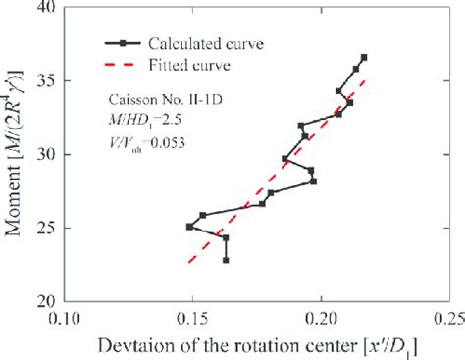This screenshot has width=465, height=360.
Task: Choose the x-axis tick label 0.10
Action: click(66, 318)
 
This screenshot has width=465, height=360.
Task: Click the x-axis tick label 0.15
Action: click(193, 318)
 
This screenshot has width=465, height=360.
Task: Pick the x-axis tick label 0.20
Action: click(321, 318)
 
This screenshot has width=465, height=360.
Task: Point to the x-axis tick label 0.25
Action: click(447, 318)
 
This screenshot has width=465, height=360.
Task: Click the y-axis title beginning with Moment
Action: click(17, 154)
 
